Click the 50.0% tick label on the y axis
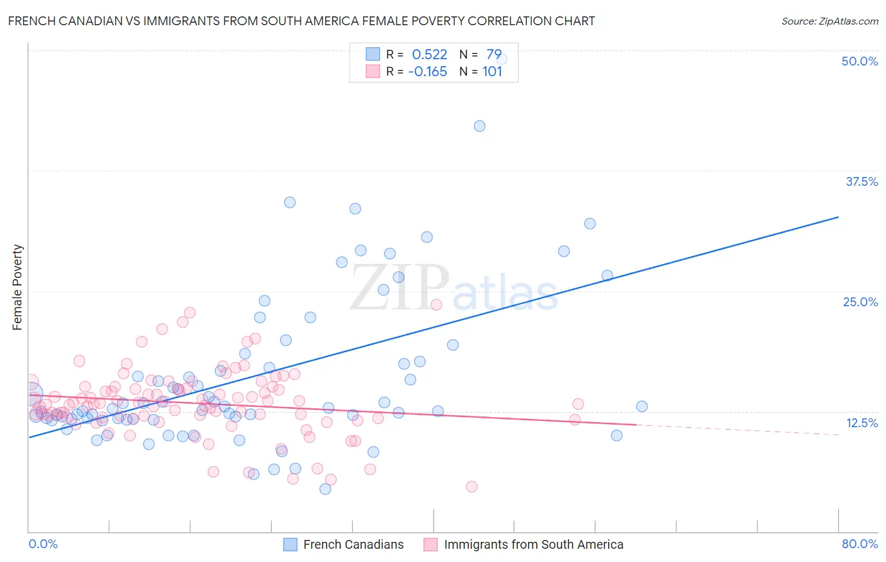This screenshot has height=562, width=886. [860, 61]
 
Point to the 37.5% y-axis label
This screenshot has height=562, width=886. [861, 181]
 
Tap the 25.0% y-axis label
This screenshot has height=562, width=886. [860, 302]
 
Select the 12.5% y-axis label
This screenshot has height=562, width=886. [861, 423]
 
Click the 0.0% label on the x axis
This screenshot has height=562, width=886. [43, 544]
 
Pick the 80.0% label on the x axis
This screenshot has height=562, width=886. [860, 544]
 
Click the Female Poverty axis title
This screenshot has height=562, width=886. [18, 287]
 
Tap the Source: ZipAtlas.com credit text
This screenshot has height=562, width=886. [829, 21]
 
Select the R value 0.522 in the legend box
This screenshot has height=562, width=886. [429, 54]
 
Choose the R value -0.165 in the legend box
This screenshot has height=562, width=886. [427, 71]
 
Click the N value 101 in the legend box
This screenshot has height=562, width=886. [492, 71]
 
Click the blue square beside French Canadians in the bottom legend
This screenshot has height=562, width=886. [290, 544]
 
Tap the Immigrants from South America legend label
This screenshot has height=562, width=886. [533, 544]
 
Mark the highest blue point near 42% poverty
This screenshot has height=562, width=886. [480, 126]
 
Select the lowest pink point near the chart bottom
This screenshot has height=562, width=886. [471, 486]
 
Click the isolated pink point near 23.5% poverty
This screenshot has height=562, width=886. [436, 304]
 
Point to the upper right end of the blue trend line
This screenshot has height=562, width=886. [838, 217]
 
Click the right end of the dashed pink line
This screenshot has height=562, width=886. [839, 435]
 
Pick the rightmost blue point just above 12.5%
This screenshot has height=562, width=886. [641, 406]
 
